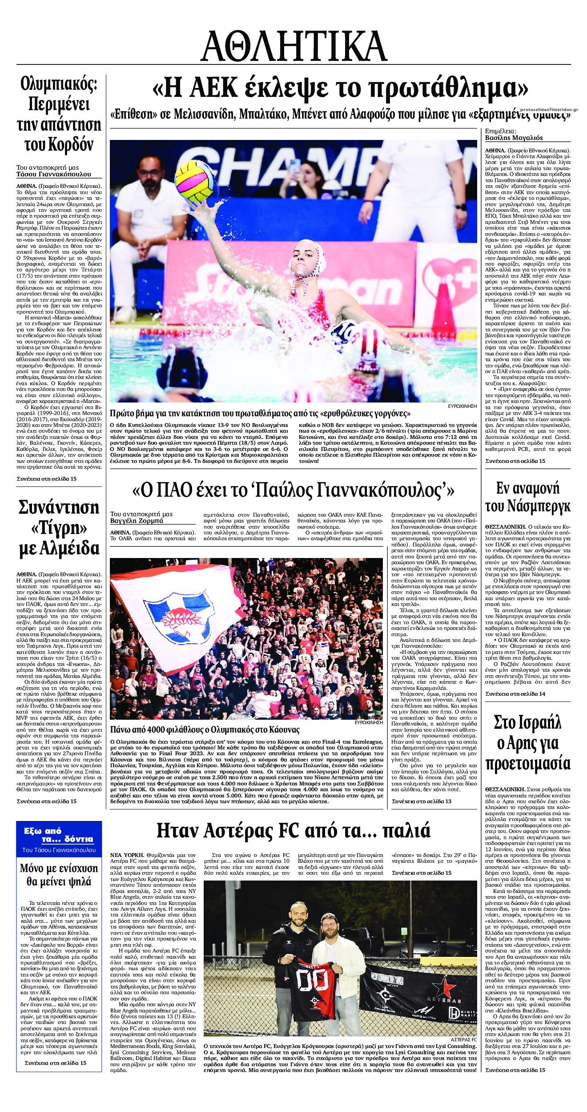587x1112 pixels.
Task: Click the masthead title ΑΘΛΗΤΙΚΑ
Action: coord(293,46)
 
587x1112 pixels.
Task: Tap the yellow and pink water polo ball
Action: coord(195,181)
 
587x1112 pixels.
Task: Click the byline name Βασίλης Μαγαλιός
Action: coord(514,138)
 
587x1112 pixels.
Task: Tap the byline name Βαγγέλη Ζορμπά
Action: coord(137,521)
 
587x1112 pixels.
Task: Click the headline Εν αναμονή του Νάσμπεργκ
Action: coord(527,497)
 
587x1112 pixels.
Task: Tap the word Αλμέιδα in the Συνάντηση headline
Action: coord(59,548)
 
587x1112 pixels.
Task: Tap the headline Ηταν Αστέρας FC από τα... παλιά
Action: coord(293,829)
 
